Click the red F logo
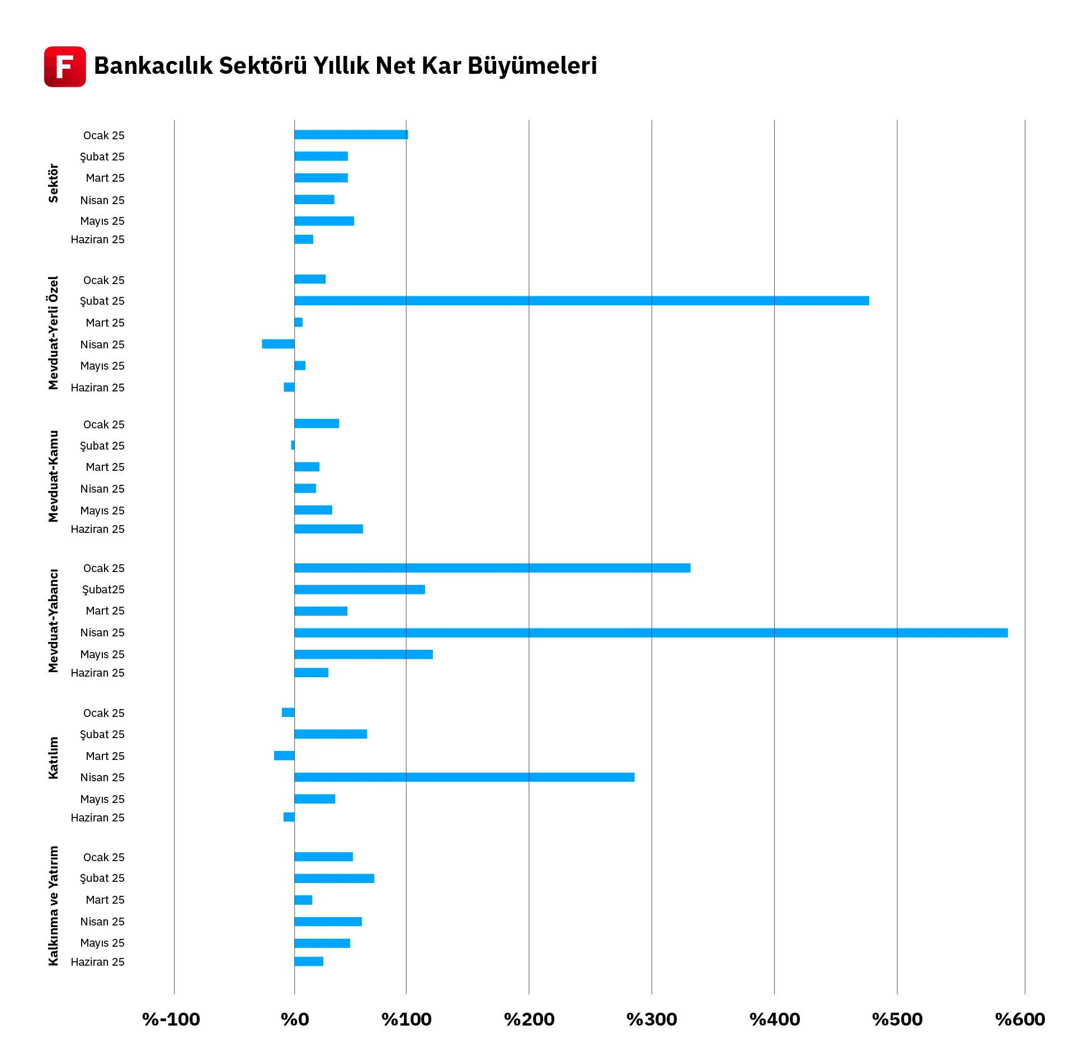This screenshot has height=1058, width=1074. click(x=65, y=67)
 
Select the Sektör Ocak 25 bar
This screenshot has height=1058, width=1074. click(x=351, y=135)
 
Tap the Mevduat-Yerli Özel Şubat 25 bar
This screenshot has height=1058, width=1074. click(x=581, y=301)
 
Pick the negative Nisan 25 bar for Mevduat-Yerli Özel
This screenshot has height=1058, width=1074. click(x=278, y=344)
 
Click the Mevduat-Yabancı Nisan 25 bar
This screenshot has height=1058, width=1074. click(x=651, y=632)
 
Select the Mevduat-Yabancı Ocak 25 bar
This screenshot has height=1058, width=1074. click(x=492, y=568)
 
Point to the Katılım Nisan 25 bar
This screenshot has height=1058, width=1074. click(x=464, y=777)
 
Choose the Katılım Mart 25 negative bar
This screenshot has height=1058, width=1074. click(x=284, y=755)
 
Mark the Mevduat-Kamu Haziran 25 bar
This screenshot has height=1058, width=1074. click(x=328, y=529)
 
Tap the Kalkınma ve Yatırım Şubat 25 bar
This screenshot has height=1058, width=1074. click(x=334, y=878)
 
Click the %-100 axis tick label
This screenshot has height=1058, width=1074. click(x=171, y=1019)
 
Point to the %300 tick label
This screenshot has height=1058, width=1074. click(x=652, y=1019)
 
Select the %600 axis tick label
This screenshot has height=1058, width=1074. click(x=1020, y=1019)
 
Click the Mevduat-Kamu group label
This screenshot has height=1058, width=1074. click(x=53, y=476)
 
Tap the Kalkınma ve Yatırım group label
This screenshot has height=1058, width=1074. click(x=53, y=905)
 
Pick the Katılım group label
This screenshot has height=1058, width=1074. click(x=53, y=758)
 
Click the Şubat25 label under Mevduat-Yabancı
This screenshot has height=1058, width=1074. click(x=103, y=589)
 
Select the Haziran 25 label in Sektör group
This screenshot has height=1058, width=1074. click(x=97, y=239)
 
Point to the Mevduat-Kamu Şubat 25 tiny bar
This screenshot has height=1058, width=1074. click(x=293, y=445)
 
